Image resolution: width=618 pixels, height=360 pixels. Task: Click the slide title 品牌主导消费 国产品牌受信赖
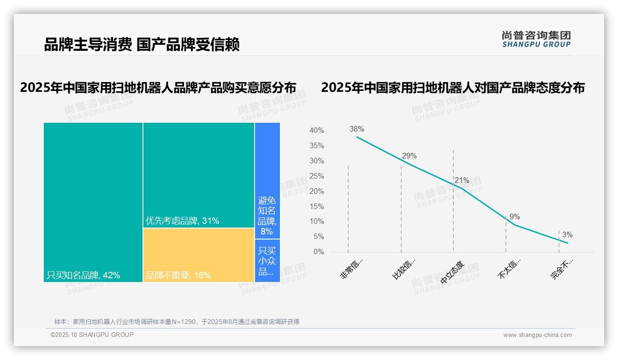coord(142,45)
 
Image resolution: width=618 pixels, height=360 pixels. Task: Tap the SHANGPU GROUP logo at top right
coord(536,39)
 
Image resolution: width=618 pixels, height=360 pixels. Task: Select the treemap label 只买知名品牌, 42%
coord(83,275)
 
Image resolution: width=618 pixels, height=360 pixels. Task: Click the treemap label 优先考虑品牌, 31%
coord(182,221)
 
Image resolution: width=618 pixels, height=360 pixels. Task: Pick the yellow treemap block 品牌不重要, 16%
coord(198,255)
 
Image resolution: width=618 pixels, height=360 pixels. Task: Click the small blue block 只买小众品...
coord(267,261)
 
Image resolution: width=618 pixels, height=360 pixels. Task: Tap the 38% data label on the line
coord(357,129)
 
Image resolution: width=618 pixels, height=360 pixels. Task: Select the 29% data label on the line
coord(409,156)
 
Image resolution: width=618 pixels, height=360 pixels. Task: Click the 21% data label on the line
coord(462,180)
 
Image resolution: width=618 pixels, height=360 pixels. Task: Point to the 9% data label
coord(515,216)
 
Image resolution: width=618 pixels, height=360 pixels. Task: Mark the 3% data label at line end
coord(567,235)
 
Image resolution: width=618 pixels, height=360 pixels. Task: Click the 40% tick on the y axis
coord(316,131)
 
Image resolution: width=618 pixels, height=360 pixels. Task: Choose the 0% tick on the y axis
coord(319,252)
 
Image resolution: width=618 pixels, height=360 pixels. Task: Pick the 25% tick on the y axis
coord(316,176)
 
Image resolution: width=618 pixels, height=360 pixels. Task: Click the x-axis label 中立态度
coord(452,272)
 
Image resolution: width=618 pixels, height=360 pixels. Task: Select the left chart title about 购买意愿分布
coord(158,88)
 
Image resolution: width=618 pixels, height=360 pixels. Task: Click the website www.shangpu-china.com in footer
coord(537,335)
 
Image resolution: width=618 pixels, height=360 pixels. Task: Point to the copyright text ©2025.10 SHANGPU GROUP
coord(92,335)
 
